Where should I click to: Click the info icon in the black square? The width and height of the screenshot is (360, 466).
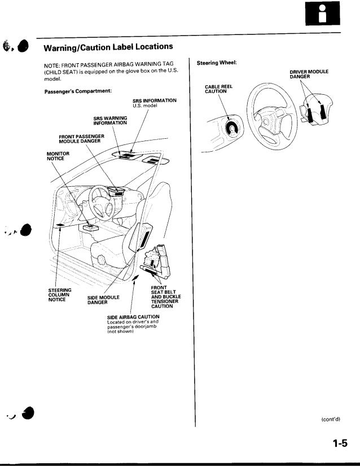321,16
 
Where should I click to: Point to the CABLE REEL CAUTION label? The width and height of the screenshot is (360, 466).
214,89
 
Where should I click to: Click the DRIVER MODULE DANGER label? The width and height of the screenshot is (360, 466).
309,74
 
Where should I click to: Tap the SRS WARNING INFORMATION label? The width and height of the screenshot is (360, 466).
110,120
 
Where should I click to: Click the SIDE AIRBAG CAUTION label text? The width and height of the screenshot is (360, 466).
133,317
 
